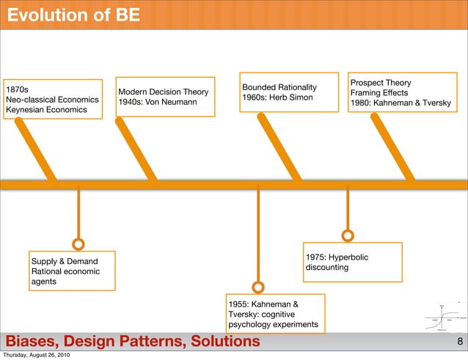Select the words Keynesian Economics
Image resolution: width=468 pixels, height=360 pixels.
tap(46, 110)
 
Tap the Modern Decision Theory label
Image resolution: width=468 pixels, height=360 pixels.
tap(163, 92)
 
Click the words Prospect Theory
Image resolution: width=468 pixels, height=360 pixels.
tap(381, 83)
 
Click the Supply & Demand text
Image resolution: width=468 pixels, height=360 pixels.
tap(64, 261)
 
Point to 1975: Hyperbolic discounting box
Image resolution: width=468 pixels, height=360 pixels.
tap(353, 262)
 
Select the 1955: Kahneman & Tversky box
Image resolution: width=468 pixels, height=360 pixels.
tap(273, 313)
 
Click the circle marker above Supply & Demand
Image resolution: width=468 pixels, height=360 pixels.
tap(78, 243)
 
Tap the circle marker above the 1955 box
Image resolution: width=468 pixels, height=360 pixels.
tap(257, 287)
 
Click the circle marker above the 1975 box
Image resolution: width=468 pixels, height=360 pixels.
tap(348, 235)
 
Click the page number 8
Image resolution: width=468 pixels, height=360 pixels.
tap(459, 342)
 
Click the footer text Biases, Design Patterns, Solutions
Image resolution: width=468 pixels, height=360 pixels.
tap(133, 342)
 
